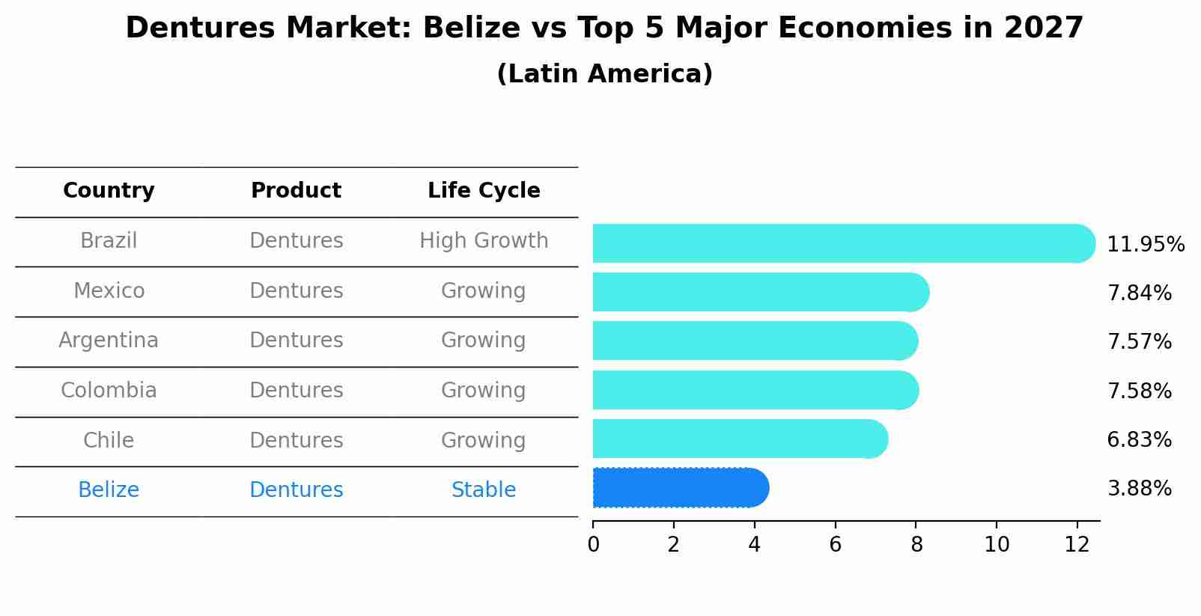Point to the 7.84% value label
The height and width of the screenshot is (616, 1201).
point(1139,293)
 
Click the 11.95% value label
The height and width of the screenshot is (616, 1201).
point(1145,245)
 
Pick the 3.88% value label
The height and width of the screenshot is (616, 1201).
point(1139,489)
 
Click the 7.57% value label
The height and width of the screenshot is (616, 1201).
point(1139,342)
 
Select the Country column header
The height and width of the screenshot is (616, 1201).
point(109,191)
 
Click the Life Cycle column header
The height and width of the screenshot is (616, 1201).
point(484,191)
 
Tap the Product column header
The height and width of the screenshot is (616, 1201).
point(296,191)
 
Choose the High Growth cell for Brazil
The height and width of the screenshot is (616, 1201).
point(484,241)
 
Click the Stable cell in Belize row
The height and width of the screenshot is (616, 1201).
point(484,490)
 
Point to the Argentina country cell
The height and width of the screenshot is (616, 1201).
point(109,341)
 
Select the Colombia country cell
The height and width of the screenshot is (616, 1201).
point(109,391)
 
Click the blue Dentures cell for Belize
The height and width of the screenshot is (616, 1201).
point(296,490)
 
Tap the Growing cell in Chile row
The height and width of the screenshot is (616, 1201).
point(484,440)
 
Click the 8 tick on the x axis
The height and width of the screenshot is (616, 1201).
point(916,545)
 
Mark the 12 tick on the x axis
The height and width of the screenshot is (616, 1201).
point(1077,545)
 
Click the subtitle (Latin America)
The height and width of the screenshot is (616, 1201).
point(604,74)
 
